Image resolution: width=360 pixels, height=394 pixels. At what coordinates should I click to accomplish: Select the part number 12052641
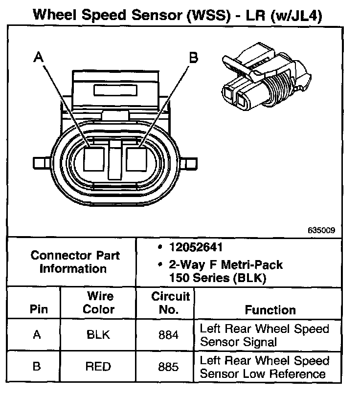196,247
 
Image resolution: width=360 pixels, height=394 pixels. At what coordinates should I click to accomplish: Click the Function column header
270,310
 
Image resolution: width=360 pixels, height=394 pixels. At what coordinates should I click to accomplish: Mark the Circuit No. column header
170,303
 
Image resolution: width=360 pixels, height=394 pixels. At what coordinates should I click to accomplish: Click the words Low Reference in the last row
283,374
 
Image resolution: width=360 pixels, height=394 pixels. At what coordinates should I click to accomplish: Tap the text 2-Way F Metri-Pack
225,265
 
